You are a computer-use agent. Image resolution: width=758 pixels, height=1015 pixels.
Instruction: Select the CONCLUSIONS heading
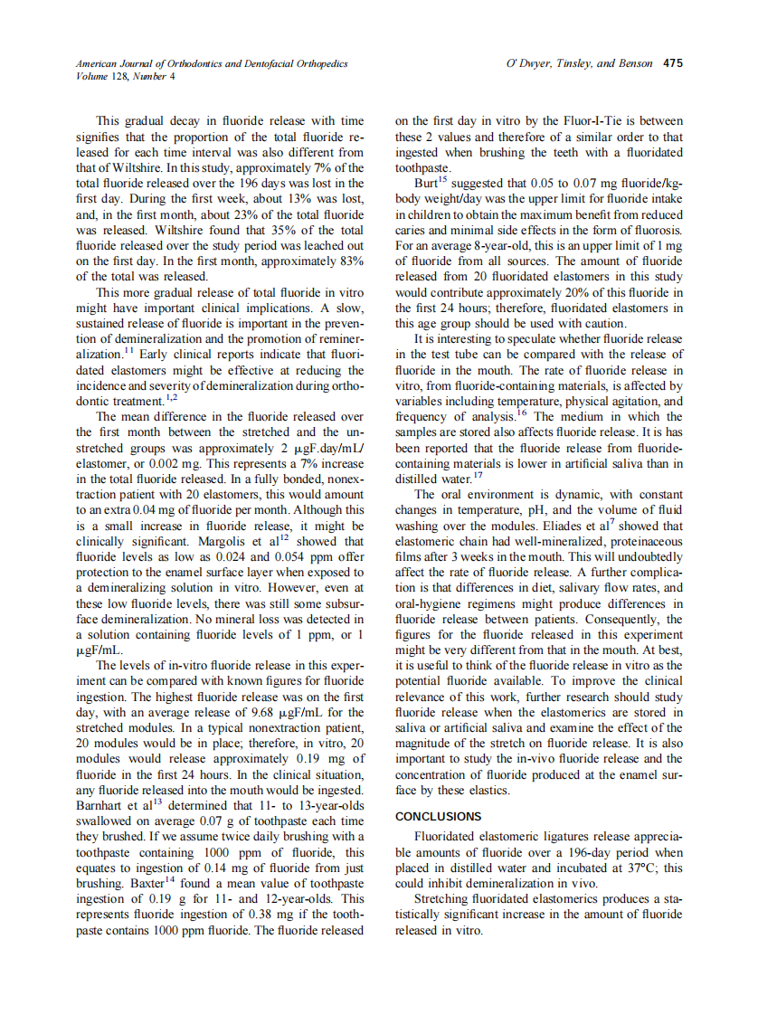[439, 816]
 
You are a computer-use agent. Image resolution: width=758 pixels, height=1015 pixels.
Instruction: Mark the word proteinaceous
[645, 542]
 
